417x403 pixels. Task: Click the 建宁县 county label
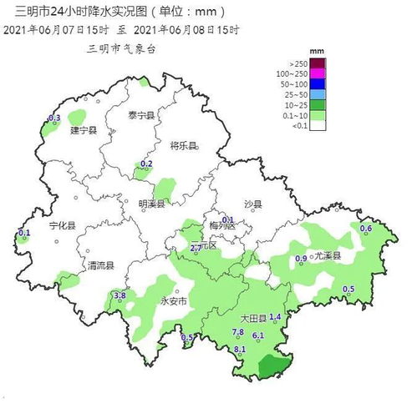[x=84, y=131]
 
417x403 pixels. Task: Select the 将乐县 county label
[x=183, y=145]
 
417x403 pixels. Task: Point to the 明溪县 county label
[x=151, y=203]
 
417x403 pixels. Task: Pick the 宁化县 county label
[x=63, y=225]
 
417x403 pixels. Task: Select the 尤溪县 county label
[x=327, y=258]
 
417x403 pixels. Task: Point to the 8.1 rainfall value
[x=239, y=349]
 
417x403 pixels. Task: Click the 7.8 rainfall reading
[x=237, y=332]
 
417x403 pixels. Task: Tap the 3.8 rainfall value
[x=120, y=295]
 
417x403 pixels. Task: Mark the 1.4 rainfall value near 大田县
[x=274, y=317]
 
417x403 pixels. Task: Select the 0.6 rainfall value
[x=365, y=229]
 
